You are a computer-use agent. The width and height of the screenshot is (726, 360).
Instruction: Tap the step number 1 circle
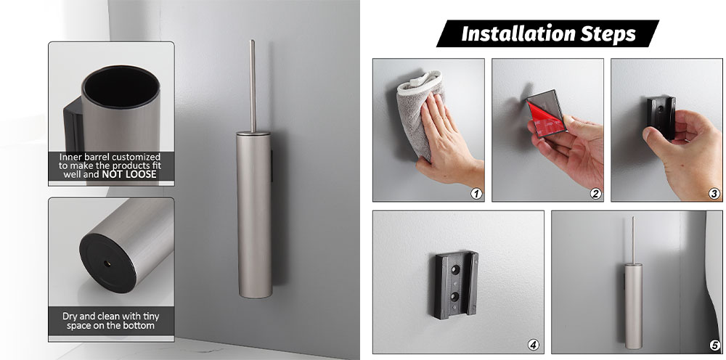tap(476, 193)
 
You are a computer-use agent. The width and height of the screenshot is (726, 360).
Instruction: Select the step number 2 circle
tap(595, 193)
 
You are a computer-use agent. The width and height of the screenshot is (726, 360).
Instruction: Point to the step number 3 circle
tap(714, 193)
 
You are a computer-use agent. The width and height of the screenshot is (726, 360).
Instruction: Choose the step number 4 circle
tap(534, 345)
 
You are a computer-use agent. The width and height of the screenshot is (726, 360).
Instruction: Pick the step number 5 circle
tap(714, 345)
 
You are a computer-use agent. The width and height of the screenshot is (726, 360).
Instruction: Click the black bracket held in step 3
tap(661, 118)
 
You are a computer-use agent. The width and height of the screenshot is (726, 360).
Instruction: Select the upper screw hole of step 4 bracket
tap(454, 269)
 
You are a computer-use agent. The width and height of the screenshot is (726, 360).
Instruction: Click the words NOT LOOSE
tap(129, 174)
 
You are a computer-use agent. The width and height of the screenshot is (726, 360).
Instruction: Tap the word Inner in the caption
tap(69, 157)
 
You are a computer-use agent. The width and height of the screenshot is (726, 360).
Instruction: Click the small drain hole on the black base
tap(107, 263)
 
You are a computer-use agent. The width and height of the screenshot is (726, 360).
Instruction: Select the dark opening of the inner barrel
tap(121, 87)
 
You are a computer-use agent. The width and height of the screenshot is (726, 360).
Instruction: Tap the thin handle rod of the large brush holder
tap(253, 86)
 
